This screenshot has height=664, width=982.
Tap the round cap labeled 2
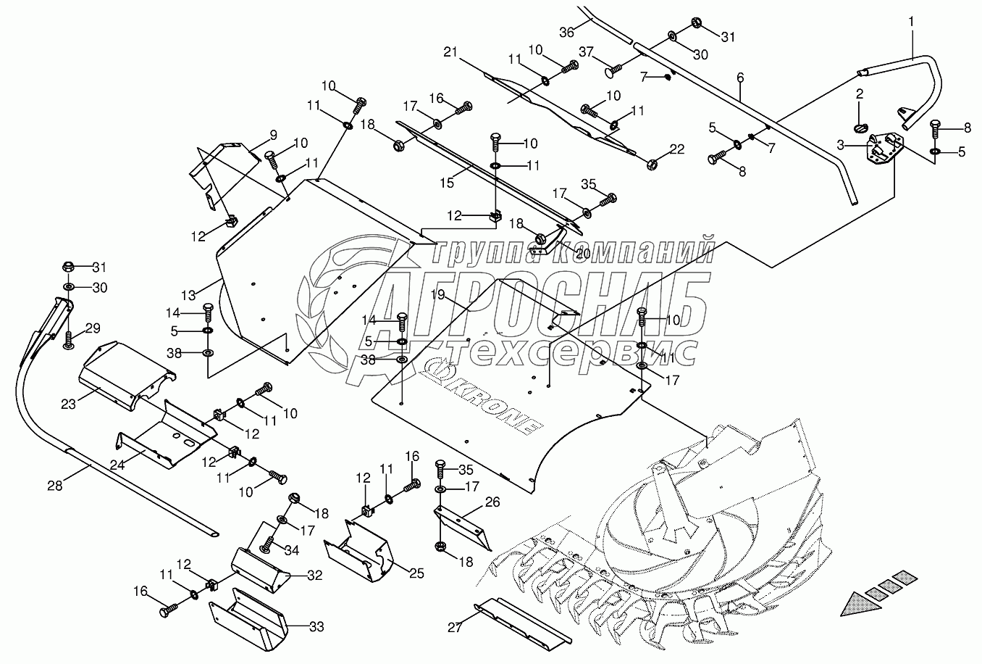tap(860, 129)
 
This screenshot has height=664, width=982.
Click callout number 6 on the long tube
tap(740, 78)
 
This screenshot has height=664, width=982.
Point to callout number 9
tap(273, 135)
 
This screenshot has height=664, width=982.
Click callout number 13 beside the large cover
tap(188, 296)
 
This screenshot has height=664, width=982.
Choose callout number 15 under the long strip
tap(447, 183)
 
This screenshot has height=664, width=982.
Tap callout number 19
tap(437, 294)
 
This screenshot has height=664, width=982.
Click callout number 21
tap(450, 52)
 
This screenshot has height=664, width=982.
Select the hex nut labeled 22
tap(652, 165)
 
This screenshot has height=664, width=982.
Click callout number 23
tap(68, 404)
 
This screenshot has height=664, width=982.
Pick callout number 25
tap(416, 573)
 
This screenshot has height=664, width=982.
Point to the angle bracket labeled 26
tap(463, 528)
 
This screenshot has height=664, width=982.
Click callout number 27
tap(455, 628)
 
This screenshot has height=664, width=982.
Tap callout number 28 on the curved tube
tap(55, 486)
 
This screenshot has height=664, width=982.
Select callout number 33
tap(316, 627)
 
